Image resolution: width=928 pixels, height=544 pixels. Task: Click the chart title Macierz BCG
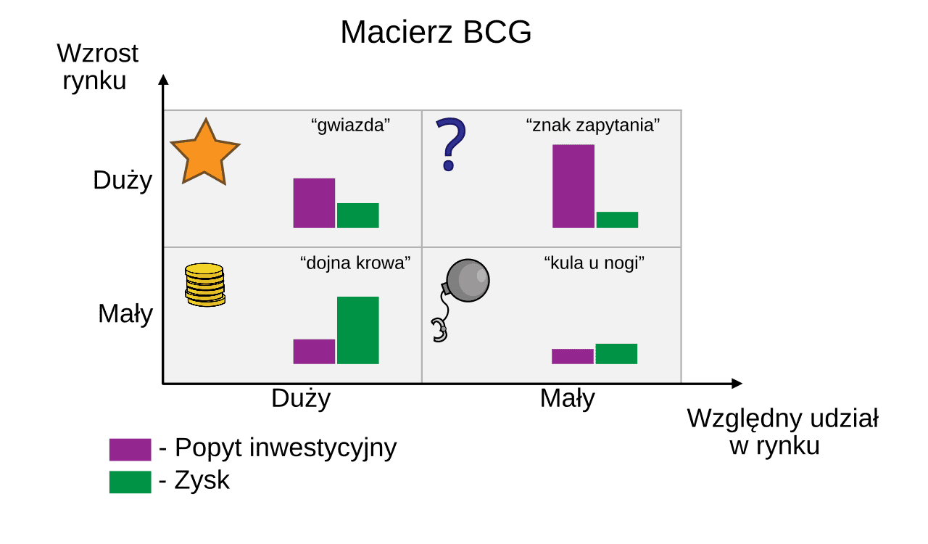(x=436, y=32)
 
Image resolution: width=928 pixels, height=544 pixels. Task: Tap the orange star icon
(x=205, y=154)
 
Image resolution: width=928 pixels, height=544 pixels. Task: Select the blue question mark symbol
(x=451, y=144)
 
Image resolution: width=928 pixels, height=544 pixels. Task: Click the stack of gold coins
(x=204, y=285)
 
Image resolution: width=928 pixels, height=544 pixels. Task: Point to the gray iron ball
(x=468, y=280)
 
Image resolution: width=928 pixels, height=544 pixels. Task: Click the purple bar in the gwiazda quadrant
(x=314, y=203)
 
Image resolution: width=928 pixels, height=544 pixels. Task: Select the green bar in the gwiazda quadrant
(x=358, y=215)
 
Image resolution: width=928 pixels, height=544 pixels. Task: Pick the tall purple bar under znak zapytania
(x=573, y=186)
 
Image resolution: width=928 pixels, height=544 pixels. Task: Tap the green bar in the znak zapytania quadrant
(x=617, y=220)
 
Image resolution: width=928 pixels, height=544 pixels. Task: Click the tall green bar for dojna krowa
(x=358, y=331)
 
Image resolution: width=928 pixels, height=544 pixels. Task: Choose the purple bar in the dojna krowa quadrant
(x=314, y=352)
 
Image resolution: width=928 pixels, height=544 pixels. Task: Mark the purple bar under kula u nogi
(x=573, y=357)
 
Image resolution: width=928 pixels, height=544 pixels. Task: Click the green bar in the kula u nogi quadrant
(x=616, y=354)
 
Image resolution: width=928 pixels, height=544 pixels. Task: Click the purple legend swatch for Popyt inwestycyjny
(x=130, y=450)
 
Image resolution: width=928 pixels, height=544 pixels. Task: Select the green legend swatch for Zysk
(x=130, y=482)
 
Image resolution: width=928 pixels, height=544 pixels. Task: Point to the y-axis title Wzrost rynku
(x=97, y=66)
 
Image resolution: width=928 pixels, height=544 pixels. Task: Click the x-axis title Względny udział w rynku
(x=782, y=432)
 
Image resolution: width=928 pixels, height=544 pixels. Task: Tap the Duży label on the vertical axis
(x=123, y=181)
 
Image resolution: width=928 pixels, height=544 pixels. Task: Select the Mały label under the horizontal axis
(x=568, y=399)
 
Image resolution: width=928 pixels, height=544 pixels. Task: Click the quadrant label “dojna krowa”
(x=355, y=263)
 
